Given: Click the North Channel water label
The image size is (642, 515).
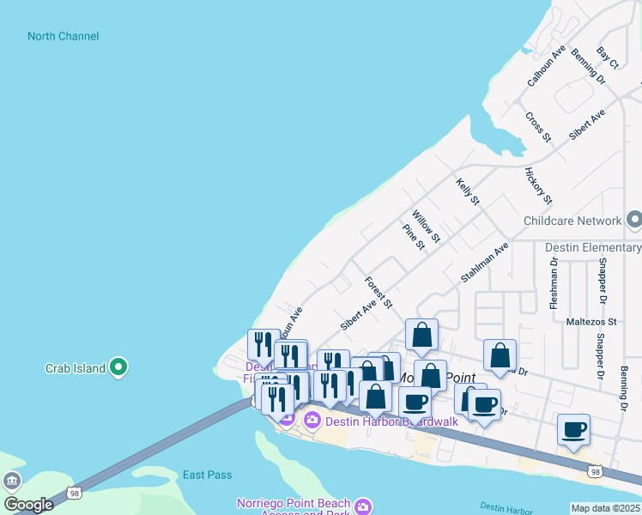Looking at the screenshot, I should pos(63,36).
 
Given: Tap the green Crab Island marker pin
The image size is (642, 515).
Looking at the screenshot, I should pos(119,368).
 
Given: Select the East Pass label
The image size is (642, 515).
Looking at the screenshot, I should pos(206,475).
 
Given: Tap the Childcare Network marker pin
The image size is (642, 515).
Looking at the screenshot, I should pos(633,221).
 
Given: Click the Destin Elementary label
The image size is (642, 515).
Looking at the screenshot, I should pos(593,248).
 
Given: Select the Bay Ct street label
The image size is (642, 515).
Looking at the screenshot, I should pos(608,58).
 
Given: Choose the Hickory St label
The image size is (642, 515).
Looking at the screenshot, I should pos(538,186).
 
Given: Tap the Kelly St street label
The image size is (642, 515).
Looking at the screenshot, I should pos(468,191).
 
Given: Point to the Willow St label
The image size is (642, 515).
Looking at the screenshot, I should pos(426,226).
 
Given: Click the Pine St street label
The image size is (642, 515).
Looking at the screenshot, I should pos(414,237).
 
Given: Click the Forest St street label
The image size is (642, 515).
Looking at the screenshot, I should pos(378,292).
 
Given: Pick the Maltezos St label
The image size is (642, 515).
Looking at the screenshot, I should pos(589,322).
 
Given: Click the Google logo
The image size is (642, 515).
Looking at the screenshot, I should pos(28,505).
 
